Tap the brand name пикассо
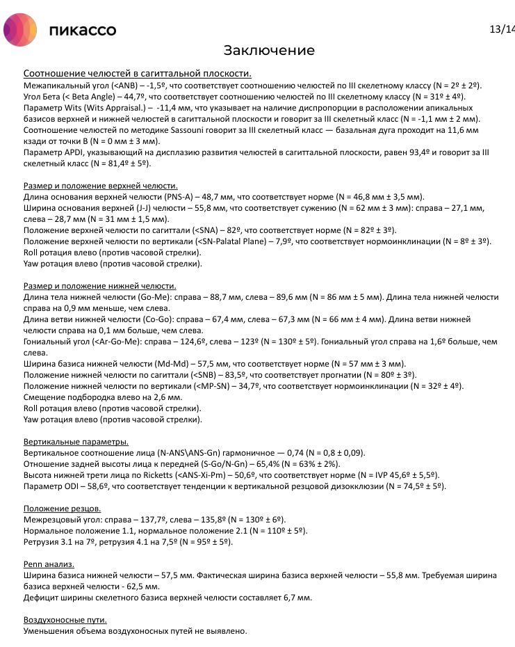coord(83,31)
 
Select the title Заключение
coord(269,51)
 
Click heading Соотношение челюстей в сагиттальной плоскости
coord(137,74)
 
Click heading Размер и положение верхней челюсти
coord(100,186)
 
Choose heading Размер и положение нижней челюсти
coord(99,286)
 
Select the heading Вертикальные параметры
coord(76,442)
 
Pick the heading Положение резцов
coord(62,509)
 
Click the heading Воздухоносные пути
coord(65,620)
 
